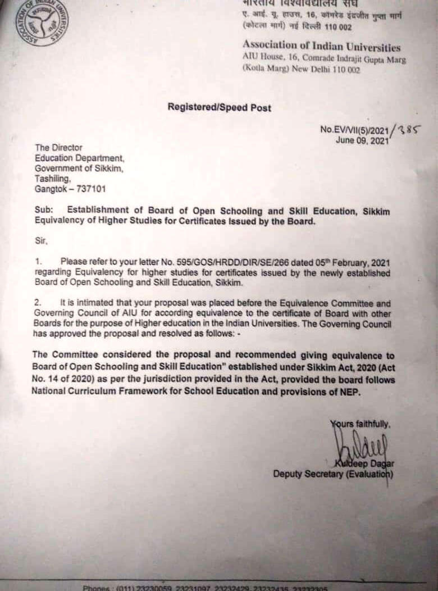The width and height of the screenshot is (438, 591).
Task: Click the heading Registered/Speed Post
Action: (219, 107)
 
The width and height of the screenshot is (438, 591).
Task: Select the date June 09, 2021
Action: (362, 140)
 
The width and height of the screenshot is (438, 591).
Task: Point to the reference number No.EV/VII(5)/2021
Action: (354, 130)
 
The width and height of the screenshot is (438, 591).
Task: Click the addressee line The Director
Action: (58, 148)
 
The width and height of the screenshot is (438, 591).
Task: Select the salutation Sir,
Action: (41, 242)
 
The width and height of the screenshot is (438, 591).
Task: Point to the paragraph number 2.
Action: (38, 303)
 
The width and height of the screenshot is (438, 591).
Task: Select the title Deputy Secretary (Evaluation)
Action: (333, 474)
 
